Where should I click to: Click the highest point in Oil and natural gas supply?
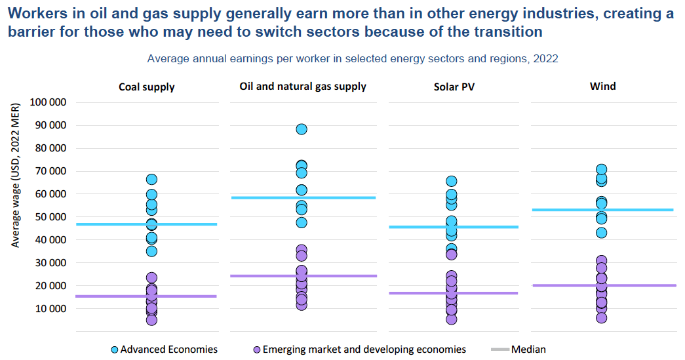coord(302,129)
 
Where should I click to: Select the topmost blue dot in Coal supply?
coord(151,179)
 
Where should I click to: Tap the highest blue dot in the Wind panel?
coord(601,170)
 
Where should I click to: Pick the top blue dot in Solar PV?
coord(451,181)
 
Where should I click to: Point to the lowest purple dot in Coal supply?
coord(151,320)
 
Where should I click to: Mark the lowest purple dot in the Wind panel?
coord(601,317)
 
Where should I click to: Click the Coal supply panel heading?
coord(147,87)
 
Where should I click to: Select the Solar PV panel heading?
coord(454,87)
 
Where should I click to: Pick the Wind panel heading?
coord(602,86)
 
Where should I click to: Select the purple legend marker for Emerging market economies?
coord(256,350)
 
